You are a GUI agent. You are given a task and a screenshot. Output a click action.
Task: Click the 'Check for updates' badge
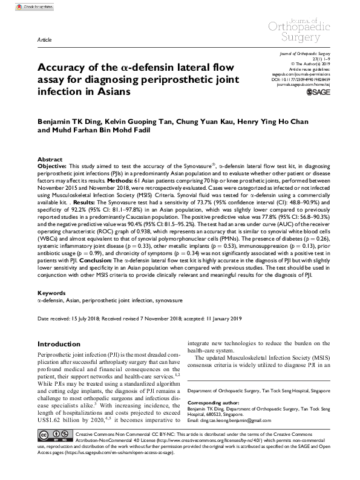23,6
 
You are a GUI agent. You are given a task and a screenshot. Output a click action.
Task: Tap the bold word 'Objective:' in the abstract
53,164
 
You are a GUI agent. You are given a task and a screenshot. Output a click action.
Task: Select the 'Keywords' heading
51,293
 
